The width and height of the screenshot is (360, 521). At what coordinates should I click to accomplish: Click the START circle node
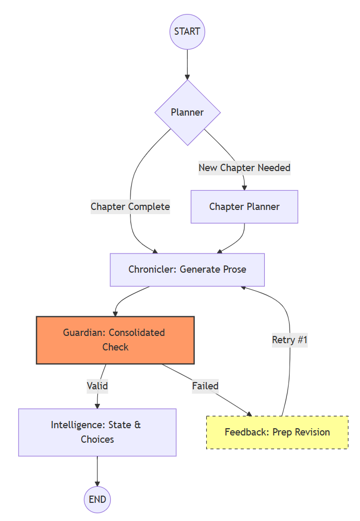pos(187,32)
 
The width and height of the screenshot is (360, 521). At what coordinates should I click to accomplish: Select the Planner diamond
pos(187,112)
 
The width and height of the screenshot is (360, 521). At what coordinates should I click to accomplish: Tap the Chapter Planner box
pos(244,207)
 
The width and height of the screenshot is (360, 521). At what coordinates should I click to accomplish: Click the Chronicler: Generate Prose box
pos(187,270)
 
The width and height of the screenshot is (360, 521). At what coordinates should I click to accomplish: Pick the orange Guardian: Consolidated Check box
pos(114,340)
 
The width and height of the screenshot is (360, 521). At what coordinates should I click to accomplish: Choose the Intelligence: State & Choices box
pos(97,432)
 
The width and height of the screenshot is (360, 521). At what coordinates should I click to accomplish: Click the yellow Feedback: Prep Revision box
pos(277,432)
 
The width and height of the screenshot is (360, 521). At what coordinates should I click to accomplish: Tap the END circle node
pos(97,500)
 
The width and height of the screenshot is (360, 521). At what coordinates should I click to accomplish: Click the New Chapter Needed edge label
pos(244,168)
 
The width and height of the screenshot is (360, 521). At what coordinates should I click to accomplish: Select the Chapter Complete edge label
pos(130,207)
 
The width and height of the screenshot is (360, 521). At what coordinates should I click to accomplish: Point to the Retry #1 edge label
pos(290,340)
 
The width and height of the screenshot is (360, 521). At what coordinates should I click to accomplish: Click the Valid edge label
pos(97,386)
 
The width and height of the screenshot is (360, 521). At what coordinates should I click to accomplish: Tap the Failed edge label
pos(205,386)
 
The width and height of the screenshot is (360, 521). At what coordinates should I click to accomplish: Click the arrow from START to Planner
pos(187,65)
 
